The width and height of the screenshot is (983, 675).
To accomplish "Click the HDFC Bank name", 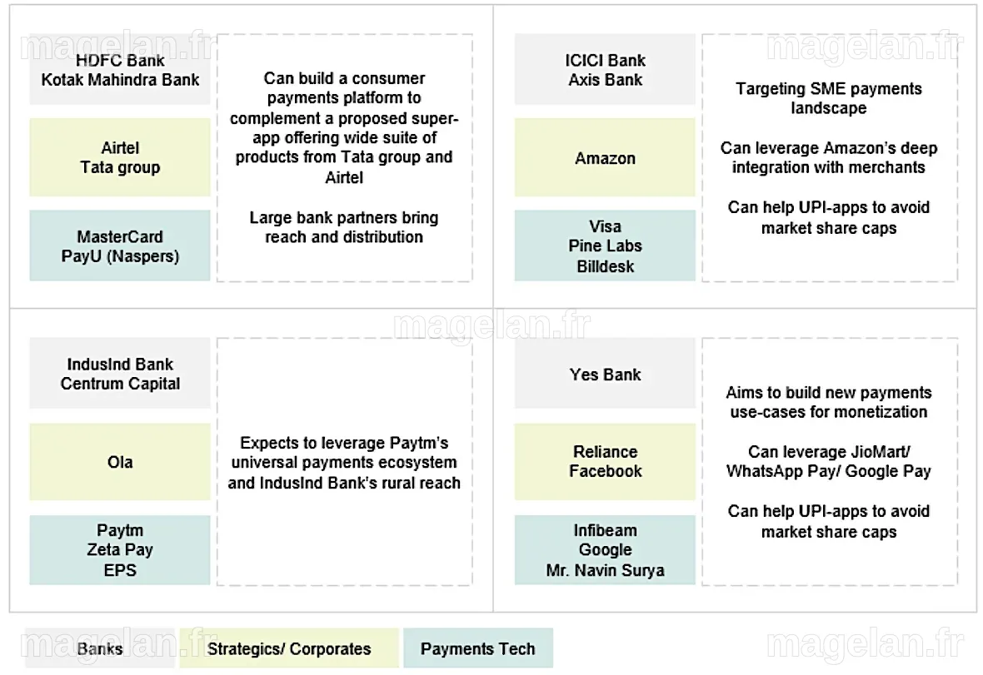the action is (x=120, y=60).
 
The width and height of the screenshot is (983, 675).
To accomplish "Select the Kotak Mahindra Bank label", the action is (x=120, y=80).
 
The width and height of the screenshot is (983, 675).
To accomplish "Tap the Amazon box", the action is (x=605, y=157).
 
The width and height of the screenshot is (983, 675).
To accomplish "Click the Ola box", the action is (x=120, y=461).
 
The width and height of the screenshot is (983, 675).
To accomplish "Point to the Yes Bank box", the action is (x=605, y=373).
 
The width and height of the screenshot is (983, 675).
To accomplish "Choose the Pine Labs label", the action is (x=605, y=246).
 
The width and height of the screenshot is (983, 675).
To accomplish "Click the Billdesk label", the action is (x=605, y=266).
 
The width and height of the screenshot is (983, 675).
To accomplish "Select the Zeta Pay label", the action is (x=120, y=549).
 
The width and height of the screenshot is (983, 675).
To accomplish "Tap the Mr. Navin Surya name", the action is (x=605, y=570).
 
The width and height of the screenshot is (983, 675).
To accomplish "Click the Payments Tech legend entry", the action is (x=477, y=648).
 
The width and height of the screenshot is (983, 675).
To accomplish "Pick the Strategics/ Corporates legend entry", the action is (x=289, y=648).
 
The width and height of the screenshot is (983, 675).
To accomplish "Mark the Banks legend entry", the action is (x=100, y=648).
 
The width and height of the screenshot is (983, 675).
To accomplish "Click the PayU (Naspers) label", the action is (x=120, y=256).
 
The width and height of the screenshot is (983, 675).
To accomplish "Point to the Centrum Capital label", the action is (x=120, y=383).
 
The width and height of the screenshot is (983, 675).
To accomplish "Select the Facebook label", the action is (x=605, y=471).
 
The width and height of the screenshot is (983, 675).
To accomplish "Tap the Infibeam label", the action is (x=605, y=530).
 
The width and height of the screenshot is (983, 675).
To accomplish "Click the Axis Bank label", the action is (x=605, y=80).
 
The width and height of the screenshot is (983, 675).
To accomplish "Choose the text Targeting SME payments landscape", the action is (x=829, y=97).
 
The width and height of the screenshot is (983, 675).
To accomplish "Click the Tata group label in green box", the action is (x=120, y=167).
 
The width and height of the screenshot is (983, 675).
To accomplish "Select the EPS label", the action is (x=120, y=570).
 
